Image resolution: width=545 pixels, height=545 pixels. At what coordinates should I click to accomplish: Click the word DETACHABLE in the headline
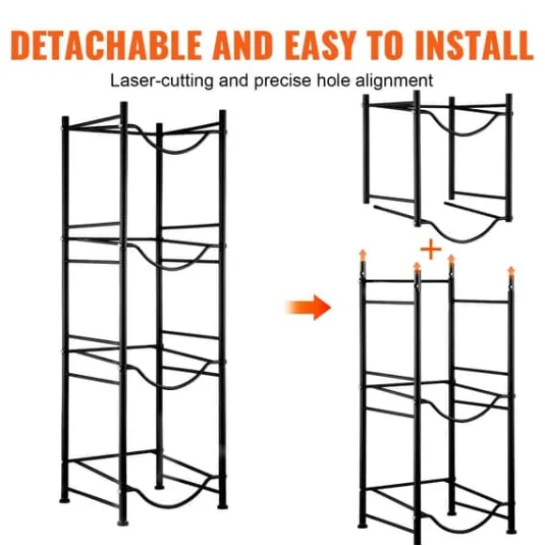(x=106, y=45)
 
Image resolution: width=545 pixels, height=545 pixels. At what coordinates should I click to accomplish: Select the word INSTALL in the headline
(x=475, y=45)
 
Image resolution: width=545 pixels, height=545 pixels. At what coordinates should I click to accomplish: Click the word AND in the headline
(x=243, y=45)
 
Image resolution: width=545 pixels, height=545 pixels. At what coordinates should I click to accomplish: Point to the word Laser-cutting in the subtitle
(x=162, y=81)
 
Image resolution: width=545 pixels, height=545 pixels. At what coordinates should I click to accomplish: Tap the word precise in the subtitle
(x=283, y=82)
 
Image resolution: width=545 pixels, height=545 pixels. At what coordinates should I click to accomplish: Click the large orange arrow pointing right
(x=308, y=307)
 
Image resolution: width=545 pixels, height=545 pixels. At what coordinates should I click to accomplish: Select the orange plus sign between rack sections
(x=431, y=249)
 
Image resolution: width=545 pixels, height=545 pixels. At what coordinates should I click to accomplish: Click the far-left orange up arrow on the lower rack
(x=363, y=256)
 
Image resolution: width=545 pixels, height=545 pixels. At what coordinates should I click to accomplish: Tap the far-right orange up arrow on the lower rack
(x=511, y=273)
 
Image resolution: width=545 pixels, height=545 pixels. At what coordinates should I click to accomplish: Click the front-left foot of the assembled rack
(x=123, y=522)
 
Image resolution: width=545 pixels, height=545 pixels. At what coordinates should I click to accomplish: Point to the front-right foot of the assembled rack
(x=223, y=506)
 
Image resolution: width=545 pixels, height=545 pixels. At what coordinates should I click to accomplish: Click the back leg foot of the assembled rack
(x=159, y=487)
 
